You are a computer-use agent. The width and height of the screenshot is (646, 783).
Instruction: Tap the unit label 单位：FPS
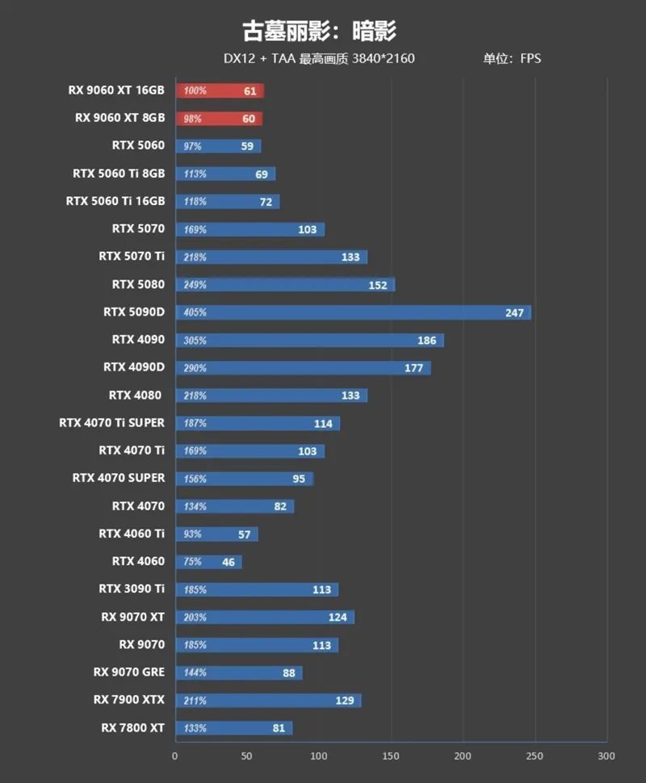[512, 58]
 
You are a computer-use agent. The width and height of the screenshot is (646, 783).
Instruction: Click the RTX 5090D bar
[353, 312]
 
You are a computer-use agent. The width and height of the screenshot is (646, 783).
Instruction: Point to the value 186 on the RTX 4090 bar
[427, 341]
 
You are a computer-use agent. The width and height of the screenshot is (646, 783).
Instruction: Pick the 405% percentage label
[195, 313]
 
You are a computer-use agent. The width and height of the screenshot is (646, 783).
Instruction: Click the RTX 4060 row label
[138, 561]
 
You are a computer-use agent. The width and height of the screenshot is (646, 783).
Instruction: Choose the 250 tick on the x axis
[535, 756]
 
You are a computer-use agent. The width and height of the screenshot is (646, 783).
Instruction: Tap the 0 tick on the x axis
[175, 756]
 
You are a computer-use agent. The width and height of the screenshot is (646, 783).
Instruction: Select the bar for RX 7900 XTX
[268, 700]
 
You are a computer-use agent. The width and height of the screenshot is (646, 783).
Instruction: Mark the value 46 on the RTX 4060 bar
[229, 562]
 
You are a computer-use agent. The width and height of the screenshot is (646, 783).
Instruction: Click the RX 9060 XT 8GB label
[120, 118]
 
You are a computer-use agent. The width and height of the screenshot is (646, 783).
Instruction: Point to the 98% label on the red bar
[193, 119]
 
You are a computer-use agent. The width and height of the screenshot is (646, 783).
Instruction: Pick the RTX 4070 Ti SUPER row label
[111, 423]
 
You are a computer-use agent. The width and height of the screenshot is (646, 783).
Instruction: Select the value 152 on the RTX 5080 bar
[378, 285]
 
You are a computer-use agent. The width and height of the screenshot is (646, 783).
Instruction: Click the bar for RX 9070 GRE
[239, 672]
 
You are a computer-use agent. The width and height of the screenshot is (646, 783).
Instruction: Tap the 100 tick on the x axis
[319, 756]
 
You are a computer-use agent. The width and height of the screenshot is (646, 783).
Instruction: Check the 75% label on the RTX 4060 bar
[193, 562]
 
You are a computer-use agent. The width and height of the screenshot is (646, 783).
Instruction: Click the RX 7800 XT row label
[132, 728]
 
